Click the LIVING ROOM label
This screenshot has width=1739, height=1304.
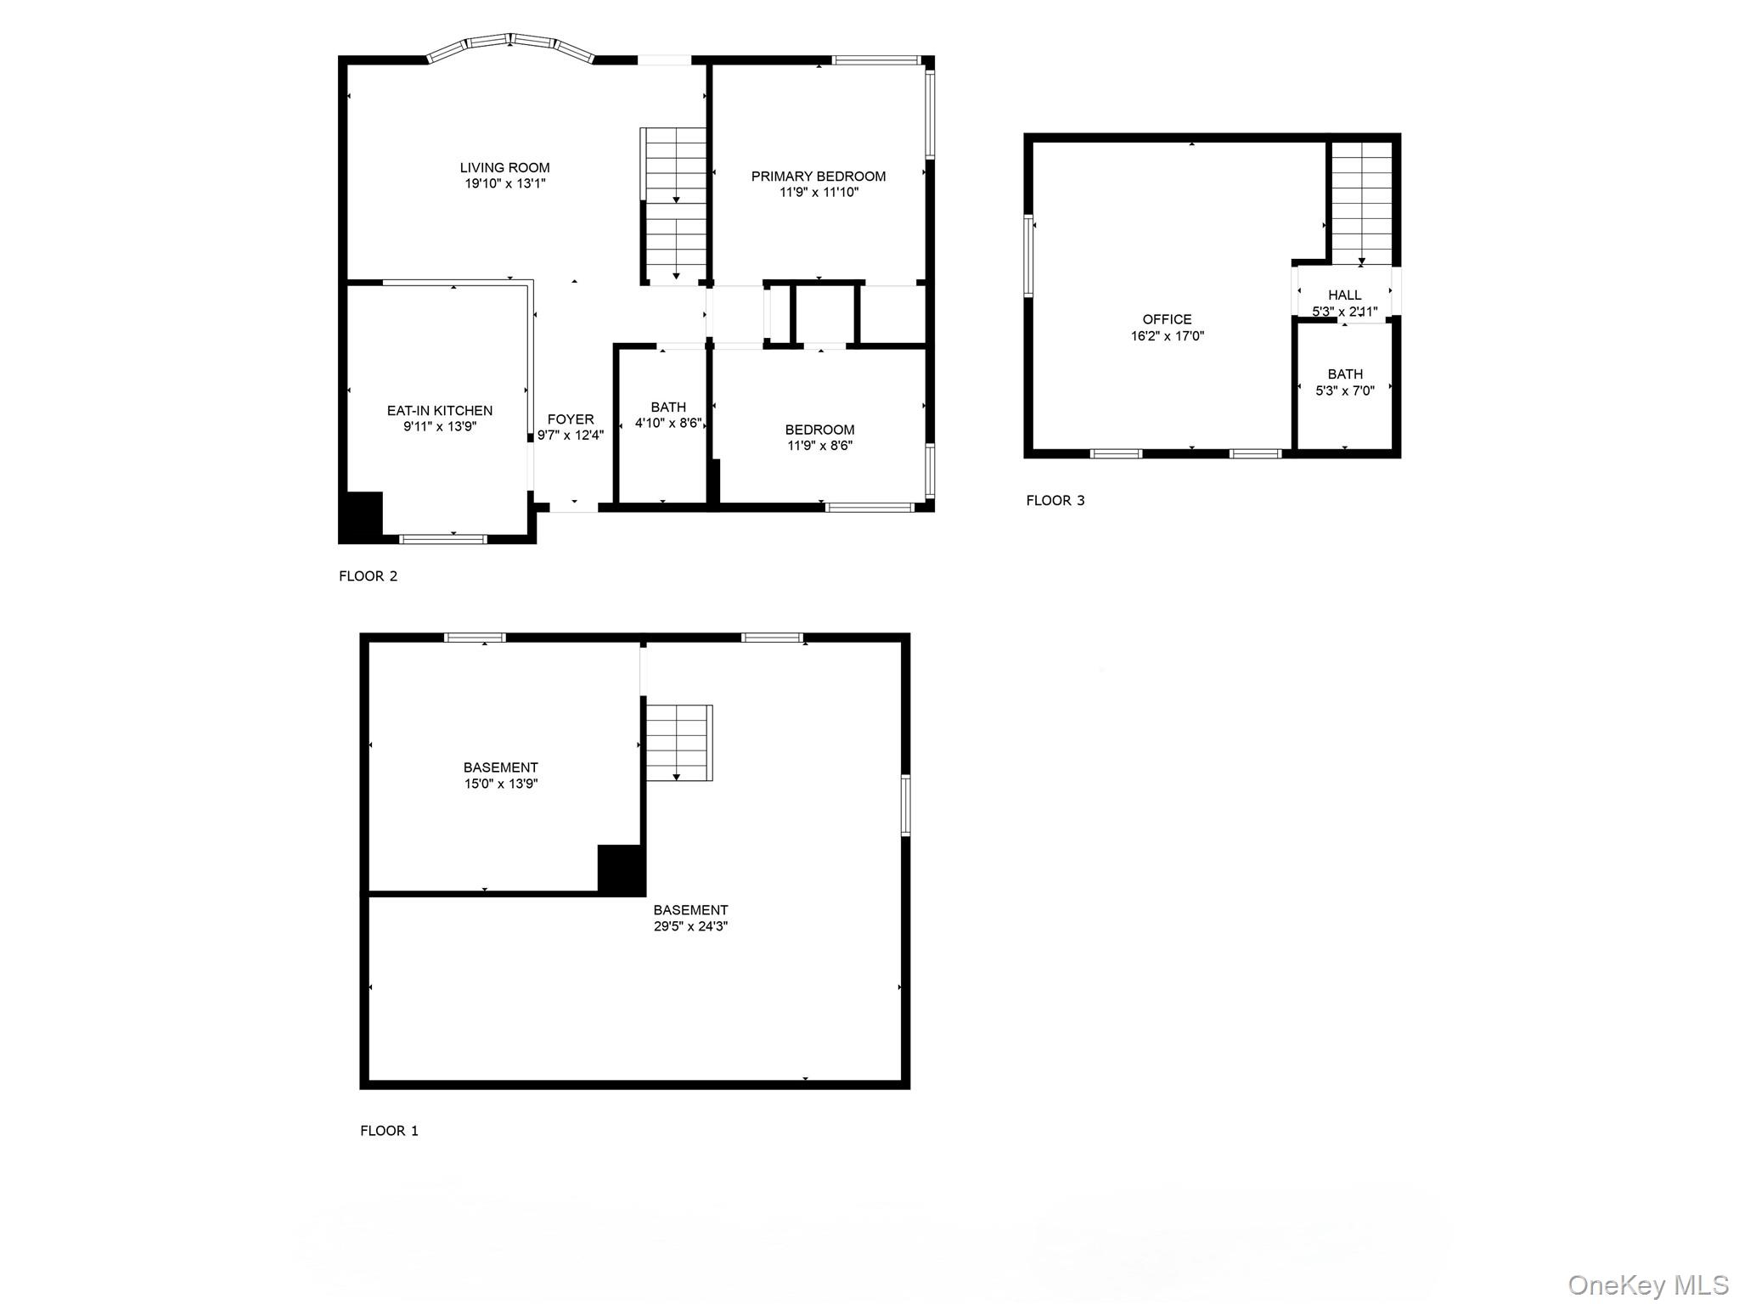504,168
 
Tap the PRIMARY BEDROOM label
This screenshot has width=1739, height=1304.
818,177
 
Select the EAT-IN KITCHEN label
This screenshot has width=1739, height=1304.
439,411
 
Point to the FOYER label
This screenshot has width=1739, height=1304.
571,419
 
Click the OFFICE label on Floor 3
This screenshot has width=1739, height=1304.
1167,319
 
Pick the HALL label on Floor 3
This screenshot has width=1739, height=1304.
1344,295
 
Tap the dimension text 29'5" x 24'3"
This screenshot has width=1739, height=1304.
690,926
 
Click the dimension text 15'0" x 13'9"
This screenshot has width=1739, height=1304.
500,784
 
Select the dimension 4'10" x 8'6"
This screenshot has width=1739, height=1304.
668,423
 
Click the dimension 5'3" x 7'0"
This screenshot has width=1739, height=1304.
1344,391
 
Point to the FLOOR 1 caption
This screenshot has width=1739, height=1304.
389,1130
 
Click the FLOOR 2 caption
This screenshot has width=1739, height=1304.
368,576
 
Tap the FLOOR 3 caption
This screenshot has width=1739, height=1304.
1055,500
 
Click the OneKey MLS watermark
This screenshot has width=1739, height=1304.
1647,1284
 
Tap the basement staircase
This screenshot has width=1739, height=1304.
678,742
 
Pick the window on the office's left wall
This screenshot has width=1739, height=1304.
1028,256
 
